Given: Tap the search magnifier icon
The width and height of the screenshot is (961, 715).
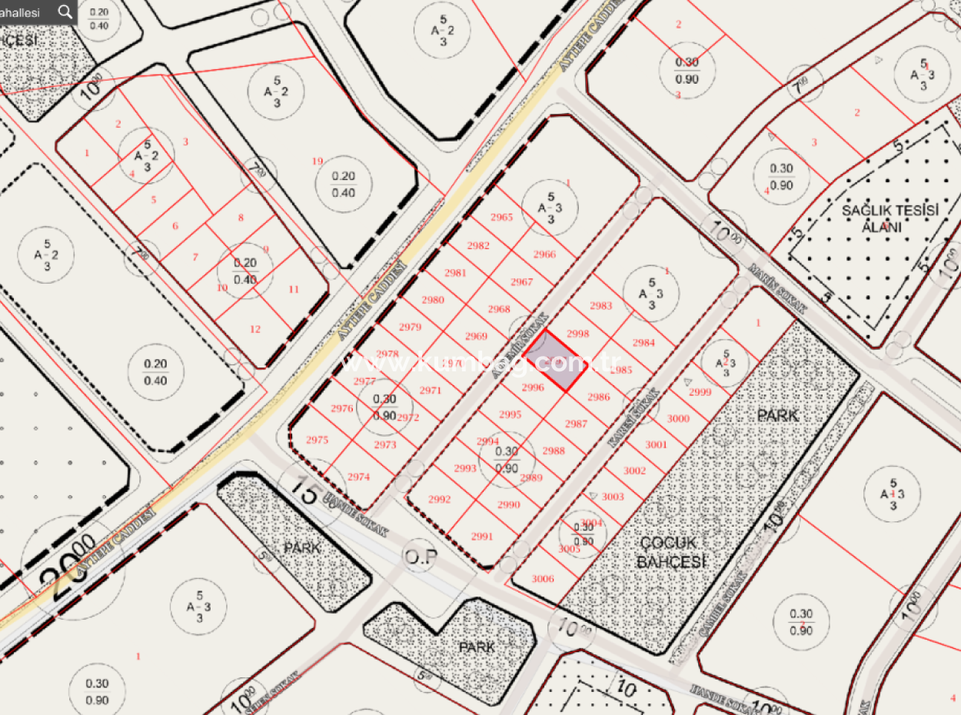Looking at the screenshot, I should click(65, 12).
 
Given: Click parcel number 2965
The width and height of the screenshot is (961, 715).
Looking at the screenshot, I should click(501, 217).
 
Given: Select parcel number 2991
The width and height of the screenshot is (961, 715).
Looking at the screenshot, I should click(482, 537).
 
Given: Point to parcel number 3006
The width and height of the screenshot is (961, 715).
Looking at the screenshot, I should click(543, 579).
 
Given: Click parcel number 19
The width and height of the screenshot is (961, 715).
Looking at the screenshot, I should click(317, 161).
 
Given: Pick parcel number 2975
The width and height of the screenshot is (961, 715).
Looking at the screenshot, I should click(317, 440).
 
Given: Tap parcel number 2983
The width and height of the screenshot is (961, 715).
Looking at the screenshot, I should click(600, 305).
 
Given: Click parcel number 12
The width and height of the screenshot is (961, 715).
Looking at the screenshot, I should click(255, 329).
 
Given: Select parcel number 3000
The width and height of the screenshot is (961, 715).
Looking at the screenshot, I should click(678, 418).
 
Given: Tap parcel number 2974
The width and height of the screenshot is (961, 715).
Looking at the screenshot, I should click(358, 477).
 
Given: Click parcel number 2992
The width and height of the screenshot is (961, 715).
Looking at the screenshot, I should click(439, 499).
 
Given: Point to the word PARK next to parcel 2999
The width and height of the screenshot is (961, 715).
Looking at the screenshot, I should click(777, 415).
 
